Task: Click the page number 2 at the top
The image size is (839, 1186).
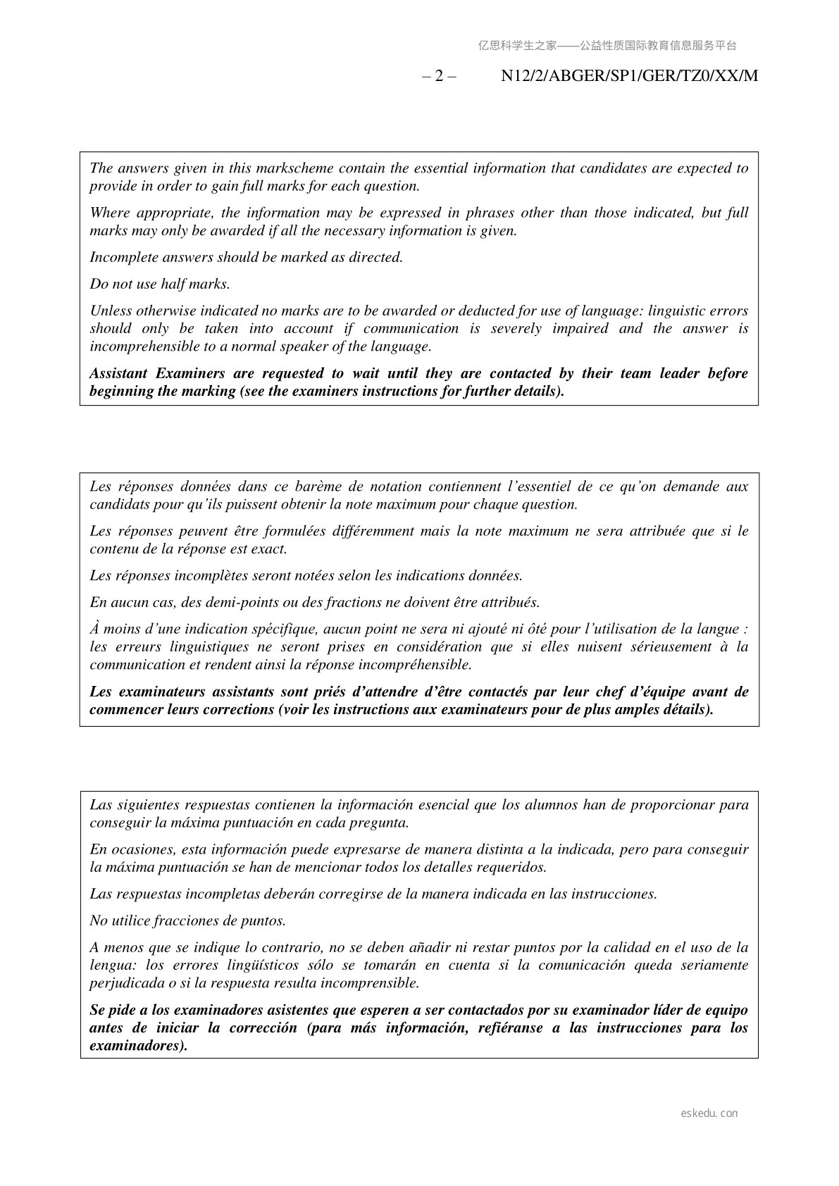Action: tap(439, 76)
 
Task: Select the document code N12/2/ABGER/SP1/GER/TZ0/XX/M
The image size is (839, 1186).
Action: tap(629, 76)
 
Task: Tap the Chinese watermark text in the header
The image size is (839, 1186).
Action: tap(607, 46)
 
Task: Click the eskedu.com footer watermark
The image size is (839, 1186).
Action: tap(709, 1113)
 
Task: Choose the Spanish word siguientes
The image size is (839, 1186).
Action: tap(147, 805)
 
